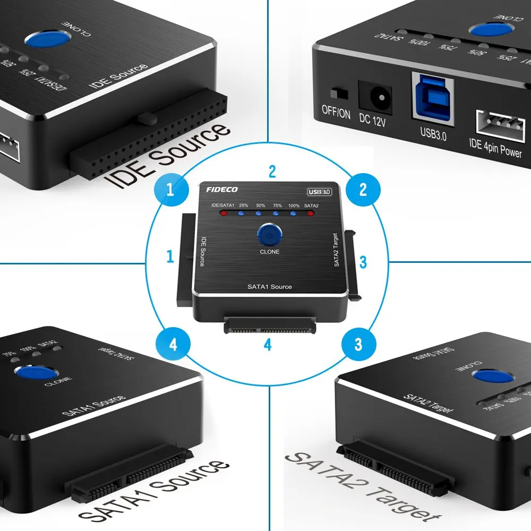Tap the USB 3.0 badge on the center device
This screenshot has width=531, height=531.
[x=321, y=192]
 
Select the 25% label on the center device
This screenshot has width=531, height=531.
[x=244, y=205]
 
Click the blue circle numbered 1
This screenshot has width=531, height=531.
[x=170, y=190]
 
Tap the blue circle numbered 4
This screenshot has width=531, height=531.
[x=173, y=344]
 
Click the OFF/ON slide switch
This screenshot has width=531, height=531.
[x=336, y=93]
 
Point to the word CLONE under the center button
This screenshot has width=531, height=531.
[x=269, y=251]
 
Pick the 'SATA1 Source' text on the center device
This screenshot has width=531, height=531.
[x=269, y=287]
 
